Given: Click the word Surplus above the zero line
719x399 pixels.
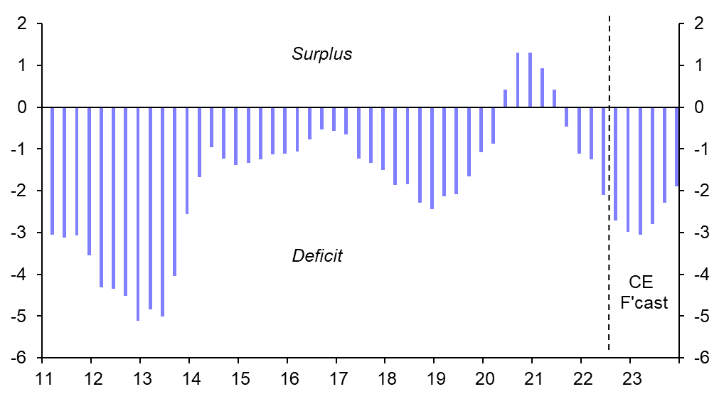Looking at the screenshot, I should click(321, 54).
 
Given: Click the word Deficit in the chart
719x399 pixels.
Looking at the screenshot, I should click(317, 256).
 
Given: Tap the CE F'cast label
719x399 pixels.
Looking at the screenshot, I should click(644, 292).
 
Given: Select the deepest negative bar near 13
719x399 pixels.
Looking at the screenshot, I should click(138, 213).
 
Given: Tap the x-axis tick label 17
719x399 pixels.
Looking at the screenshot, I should click(336, 376).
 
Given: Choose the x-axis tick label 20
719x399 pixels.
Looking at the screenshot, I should click(483, 376).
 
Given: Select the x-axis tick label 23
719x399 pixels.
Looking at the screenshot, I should click(630, 376).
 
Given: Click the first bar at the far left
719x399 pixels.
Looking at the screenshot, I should click(52, 171).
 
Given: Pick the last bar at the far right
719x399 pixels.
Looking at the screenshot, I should click(676, 147).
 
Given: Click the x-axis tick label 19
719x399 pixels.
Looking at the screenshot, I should click(434, 376).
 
